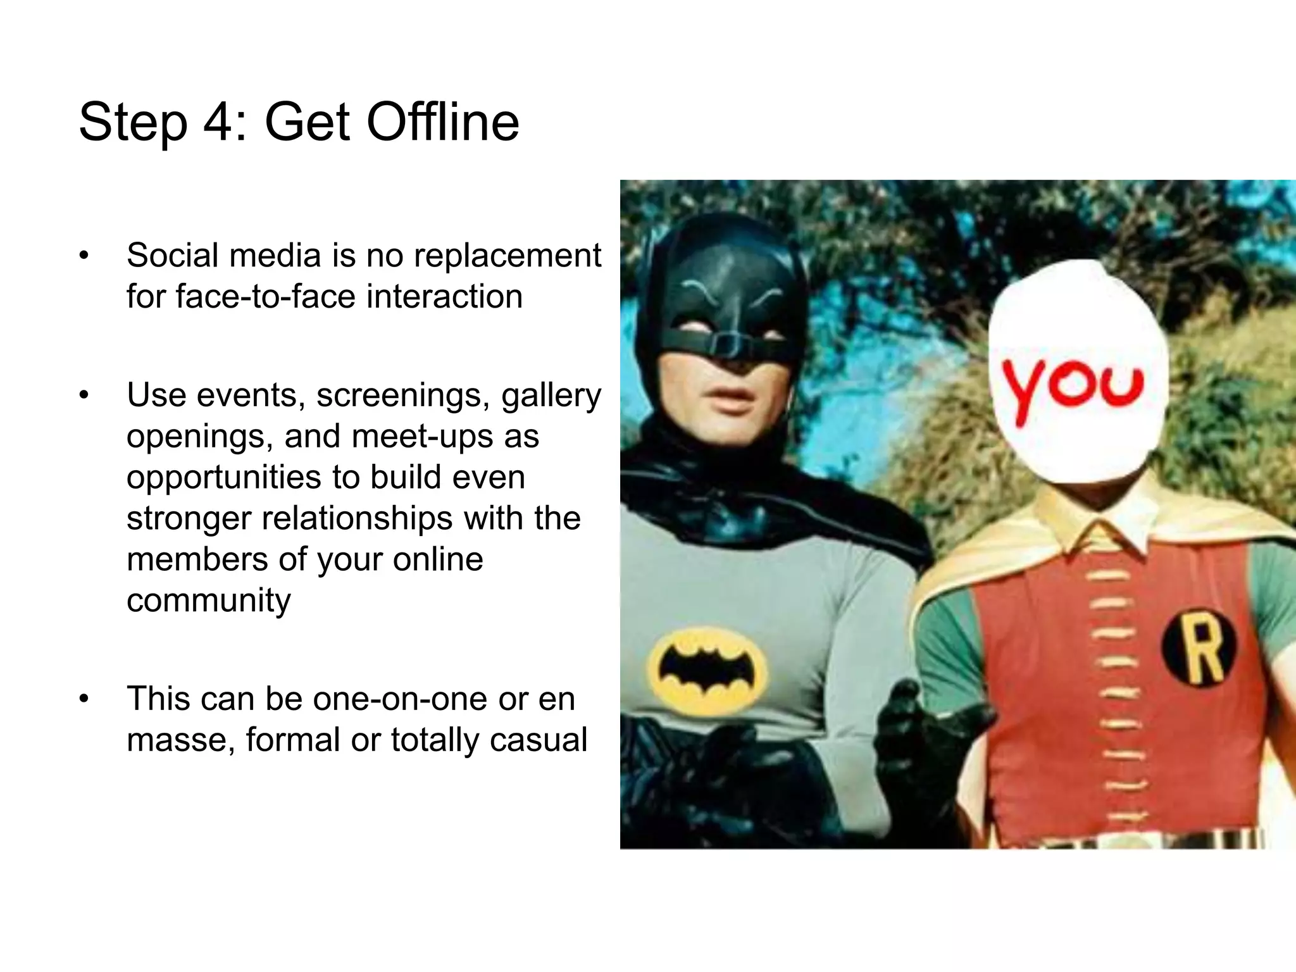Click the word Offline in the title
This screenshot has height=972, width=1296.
point(442,121)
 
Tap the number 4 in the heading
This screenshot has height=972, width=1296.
point(218,121)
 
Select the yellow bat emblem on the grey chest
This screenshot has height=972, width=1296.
point(707,670)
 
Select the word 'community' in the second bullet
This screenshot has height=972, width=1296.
point(208,601)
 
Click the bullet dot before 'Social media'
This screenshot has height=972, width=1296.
point(84,256)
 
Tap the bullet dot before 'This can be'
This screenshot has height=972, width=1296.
point(84,699)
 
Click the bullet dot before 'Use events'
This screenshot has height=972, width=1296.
point(84,396)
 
